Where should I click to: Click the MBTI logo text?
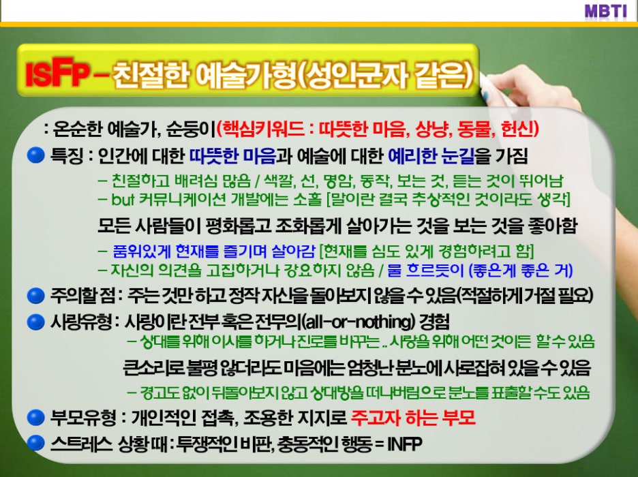tap(606, 11)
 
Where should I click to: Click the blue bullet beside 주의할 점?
tap(36, 296)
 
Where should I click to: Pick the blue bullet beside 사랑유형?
tap(36, 322)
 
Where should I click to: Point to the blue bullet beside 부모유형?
tap(36, 418)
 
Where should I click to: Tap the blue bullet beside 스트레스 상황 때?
tap(36, 443)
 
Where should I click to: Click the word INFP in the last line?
tap(404, 444)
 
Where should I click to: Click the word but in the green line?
tap(123, 199)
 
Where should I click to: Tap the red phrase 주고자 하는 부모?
tap(413, 418)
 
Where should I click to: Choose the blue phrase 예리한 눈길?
tap(431, 155)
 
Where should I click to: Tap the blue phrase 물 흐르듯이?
tap(425, 270)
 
